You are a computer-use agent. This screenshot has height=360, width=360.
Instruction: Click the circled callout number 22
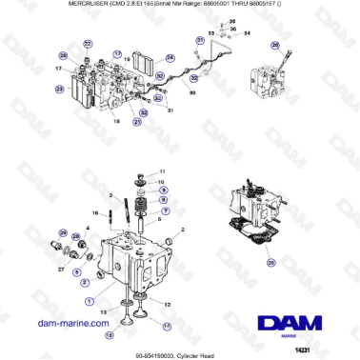click(88, 44)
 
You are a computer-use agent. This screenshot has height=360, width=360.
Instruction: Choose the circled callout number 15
click(109, 334)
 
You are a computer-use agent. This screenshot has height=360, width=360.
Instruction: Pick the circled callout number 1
click(90, 301)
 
